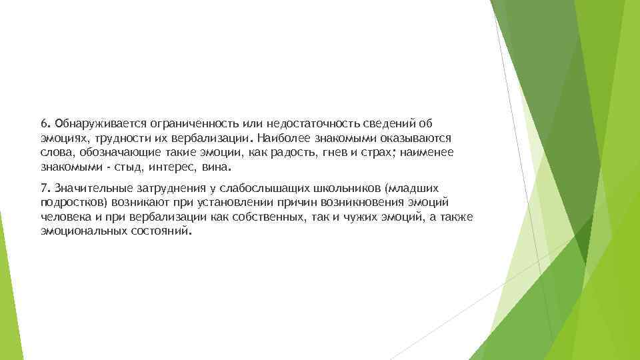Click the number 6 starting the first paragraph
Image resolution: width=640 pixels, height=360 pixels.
43,123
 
